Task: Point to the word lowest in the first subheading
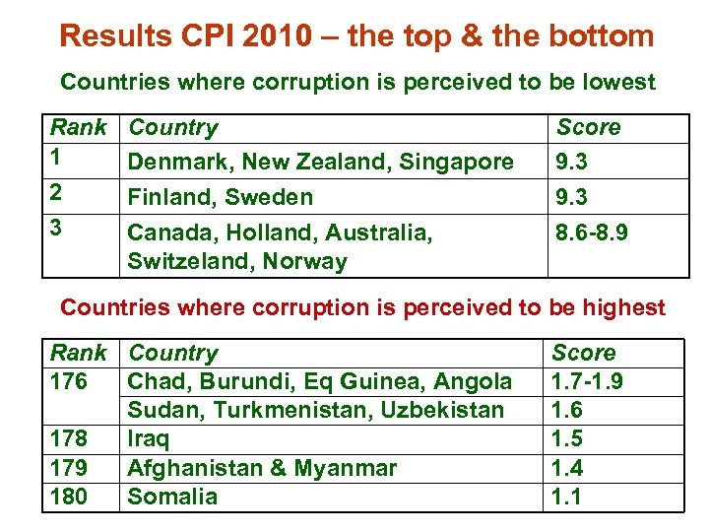pyautogui.click(x=617, y=82)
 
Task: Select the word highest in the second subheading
pyautogui.click(x=621, y=307)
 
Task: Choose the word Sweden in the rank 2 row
pyautogui.click(x=267, y=197)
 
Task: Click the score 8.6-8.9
pyautogui.click(x=593, y=233)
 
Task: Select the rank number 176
pyautogui.click(x=69, y=381)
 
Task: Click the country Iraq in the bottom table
pyautogui.click(x=148, y=438)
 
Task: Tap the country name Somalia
pyautogui.click(x=172, y=497)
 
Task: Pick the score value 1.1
pyautogui.click(x=567, y=497)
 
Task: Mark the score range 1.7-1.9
pyautogui.click(x=586, y=381)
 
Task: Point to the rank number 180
pyautogui.click(x=69, y=497)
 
